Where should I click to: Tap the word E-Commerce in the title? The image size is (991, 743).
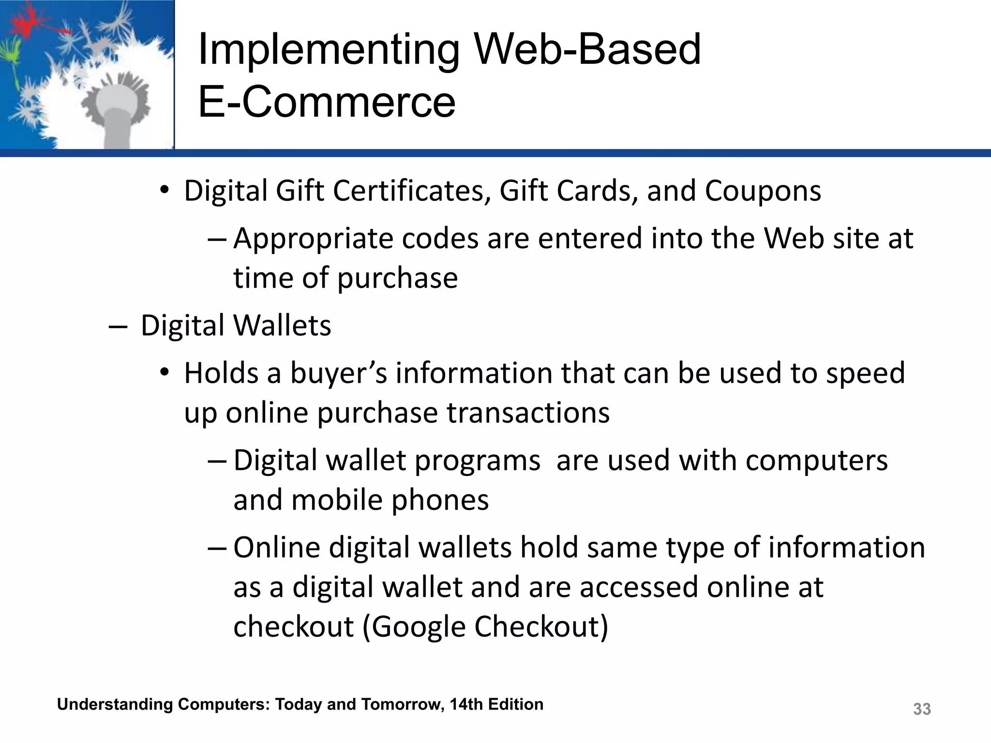pos(327,102)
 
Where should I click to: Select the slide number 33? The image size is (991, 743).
pos(922,709)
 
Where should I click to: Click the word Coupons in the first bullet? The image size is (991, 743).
pos(763,191)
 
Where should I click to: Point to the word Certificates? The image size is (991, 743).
pos(409,191)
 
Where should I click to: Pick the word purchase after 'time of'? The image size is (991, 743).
pos(397,279)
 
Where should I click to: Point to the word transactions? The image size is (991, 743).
pos(528,413)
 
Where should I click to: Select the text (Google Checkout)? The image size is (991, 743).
pos(485,626)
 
